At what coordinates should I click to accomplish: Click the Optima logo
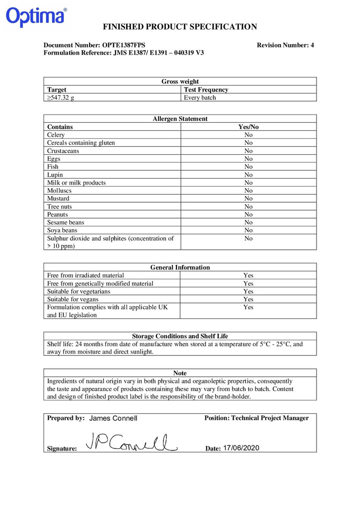(x=36, y=17)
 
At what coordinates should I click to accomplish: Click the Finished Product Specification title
(x=180, y=27)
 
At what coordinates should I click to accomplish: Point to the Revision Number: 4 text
(x=285, y=45)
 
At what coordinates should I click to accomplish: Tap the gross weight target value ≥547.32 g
(x=60, y=98)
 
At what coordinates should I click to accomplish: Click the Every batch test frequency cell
(x=200, y=98)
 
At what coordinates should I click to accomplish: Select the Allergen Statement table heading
(x=180, y=119)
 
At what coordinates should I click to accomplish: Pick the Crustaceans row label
(x=63, y=151)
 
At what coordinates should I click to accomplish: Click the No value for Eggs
(x=248, y=159)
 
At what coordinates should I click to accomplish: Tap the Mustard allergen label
(x=58, y=198)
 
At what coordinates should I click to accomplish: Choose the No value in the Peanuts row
(x=248, y=214)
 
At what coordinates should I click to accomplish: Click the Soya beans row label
(x=62, y=230)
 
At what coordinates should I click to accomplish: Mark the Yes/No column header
(x=248, y=127)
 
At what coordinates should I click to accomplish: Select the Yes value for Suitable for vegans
(x=248, y=299)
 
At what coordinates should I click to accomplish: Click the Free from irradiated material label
(x=85, y=275)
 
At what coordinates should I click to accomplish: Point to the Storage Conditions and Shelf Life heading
(x=180, y=336)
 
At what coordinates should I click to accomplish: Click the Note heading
(x=180, y=373)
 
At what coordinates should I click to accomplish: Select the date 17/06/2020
(x=241, y=448)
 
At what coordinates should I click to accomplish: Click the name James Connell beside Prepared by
(x=113, y=418)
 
